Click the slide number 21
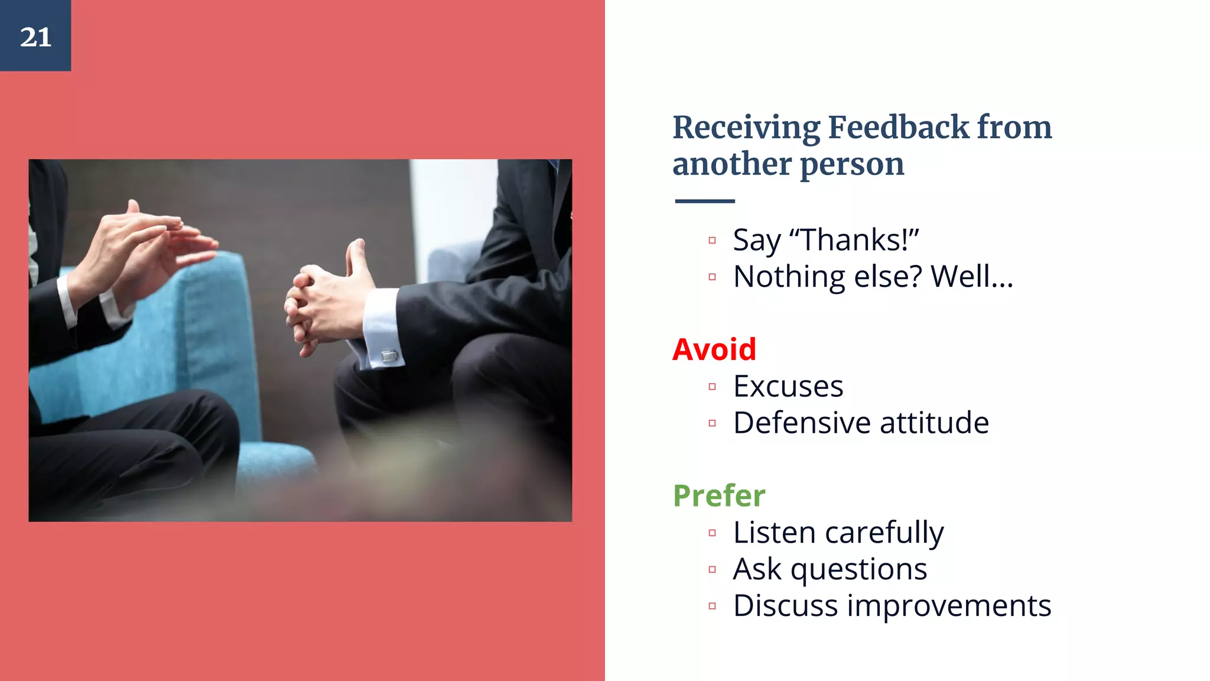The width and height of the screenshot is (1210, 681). [x=35, y=37]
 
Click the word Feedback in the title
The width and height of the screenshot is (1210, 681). [x=899, y=127]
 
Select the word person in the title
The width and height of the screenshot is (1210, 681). [x=852, y=165]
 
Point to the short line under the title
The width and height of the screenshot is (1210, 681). [x=705, y=201]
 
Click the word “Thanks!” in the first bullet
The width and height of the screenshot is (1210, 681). [x=854, y=240]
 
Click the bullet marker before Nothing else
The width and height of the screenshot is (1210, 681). [x=712, y=277]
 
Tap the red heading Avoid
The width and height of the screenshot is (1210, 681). [x=714, y=349]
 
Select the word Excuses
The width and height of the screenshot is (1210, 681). [x=788, y=387]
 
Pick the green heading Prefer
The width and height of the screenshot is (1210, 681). [x=719, y=495]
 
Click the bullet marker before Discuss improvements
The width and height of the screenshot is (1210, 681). [x=712, y=606]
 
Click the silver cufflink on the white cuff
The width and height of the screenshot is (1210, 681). [x=389, y=356]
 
